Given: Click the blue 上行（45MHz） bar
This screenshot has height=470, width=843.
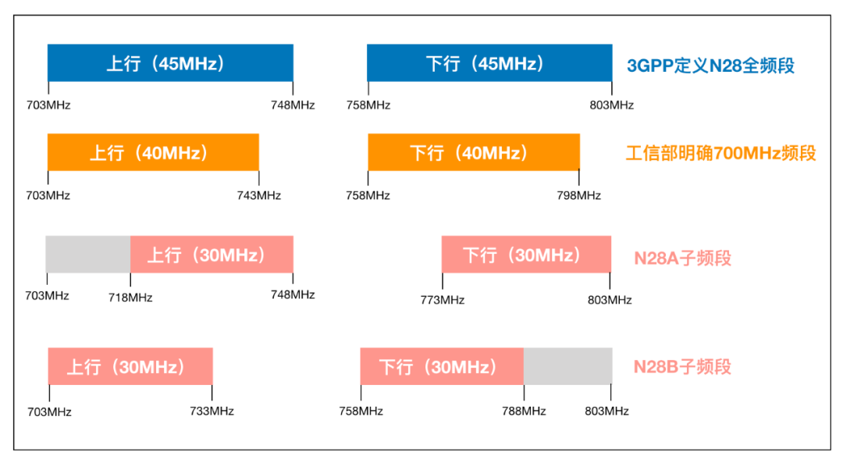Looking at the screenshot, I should pos(170,63).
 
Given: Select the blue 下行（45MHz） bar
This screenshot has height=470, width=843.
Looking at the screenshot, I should pos(489,63).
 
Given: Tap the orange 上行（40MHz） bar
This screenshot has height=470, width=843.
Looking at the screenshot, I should pos(153,152).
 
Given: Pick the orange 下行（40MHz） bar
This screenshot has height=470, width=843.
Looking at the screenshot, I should pos(474,152).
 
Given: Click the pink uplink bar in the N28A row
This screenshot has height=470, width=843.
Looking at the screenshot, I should pos(212,255).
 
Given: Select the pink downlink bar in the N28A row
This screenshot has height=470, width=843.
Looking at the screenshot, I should pos(526,255).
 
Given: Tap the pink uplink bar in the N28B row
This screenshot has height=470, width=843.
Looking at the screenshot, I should pos(130,366).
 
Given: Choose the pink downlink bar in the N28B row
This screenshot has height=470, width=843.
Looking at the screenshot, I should pos(442,366).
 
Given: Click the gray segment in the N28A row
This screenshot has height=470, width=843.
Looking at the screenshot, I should pos(88,255).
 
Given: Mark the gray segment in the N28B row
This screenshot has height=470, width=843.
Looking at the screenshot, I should pos(567,366).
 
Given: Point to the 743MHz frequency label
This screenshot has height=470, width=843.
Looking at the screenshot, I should pos(259,195).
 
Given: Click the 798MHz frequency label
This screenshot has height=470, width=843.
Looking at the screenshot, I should pos(579,195).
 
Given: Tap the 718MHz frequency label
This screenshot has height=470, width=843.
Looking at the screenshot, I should pos(130,297).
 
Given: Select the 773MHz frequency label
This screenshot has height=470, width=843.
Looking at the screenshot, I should pos(443,300).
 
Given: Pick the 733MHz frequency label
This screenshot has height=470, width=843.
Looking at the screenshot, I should pos(212,411).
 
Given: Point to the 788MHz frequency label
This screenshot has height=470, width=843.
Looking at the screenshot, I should pos(524,411).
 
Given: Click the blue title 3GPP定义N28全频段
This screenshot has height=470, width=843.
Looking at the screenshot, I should pos(710,66).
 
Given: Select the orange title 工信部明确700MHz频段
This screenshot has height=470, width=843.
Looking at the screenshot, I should pos(720,153).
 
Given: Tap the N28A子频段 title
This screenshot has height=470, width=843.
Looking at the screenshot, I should pos(682,258).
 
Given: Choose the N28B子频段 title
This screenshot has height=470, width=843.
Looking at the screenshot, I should pos(682,367).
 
